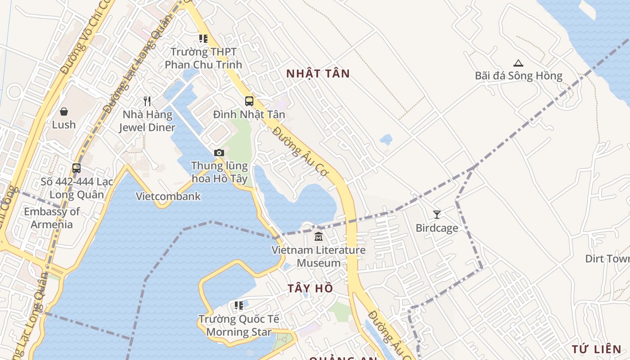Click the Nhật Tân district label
tap(318, 74)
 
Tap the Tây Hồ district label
tap(310, 288)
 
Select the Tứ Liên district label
tap(596, 349)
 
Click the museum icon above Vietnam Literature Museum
tap(319, 236)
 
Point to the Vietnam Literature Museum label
tap(319, 256)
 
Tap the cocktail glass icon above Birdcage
tap(436, 214)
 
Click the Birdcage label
tap(436, 228)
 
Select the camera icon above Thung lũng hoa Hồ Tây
tap(219, 153)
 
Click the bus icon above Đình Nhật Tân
tap(249, 101)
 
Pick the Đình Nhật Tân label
tap(249, 114)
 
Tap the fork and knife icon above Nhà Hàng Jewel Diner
tap(147, 101)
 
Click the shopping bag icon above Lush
tap(64, 111)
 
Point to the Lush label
tap(64, 125)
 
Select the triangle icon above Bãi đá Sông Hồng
tap(518, 63)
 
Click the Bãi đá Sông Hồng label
tap(518, 76)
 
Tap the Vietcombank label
tap(168, 196)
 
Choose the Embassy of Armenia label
tap(52, 218)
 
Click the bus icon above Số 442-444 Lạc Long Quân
tap(76, 168)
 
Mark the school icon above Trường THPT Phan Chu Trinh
tap(203, 39)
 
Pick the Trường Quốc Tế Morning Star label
tap(239, 325)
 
